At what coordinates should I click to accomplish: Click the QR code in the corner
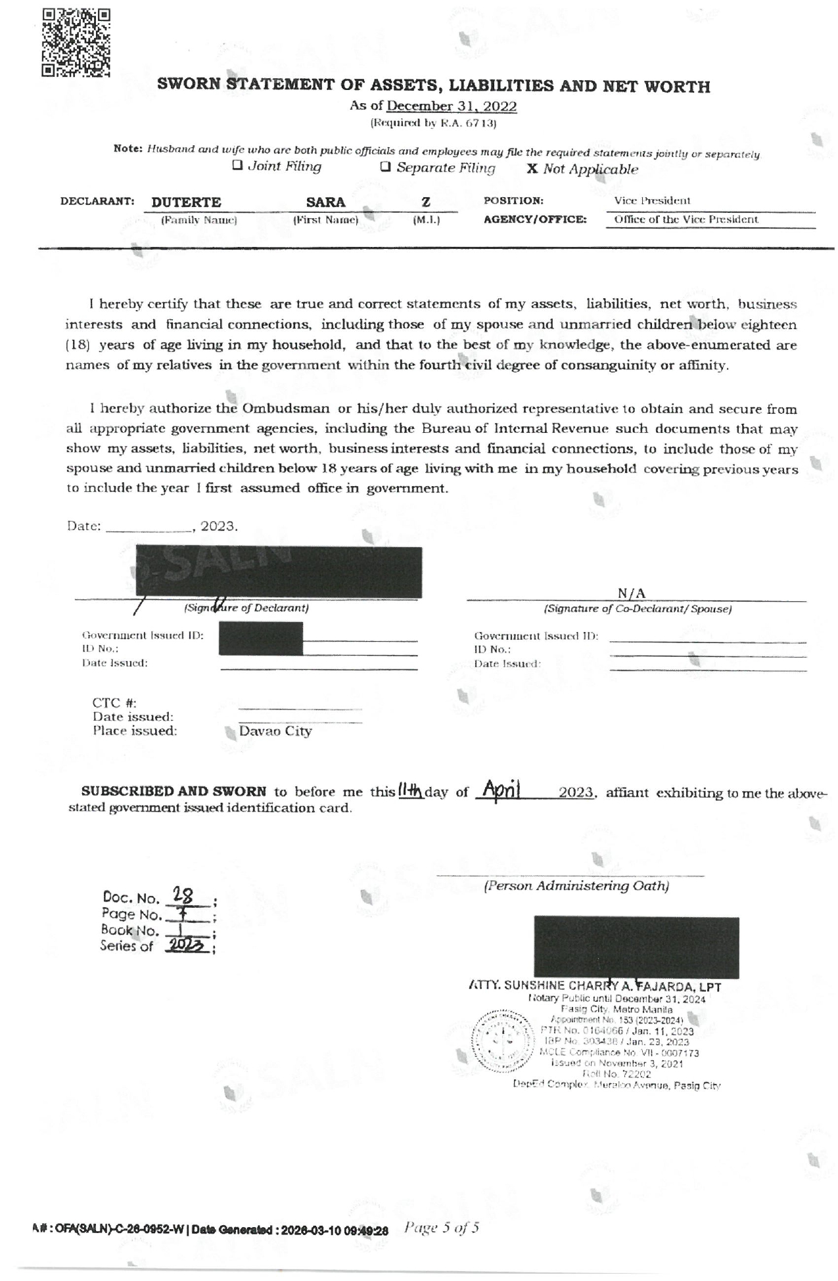[x=76, y=43]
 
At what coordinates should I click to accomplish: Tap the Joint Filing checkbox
[x=237, y=166]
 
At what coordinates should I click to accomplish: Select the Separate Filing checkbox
[x=386, y=166]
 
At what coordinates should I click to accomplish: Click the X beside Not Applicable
[x=532, y=169]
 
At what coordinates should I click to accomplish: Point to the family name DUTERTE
[x=186, y=202]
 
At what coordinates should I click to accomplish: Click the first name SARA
[x=325, y=202]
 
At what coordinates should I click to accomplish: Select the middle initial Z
[x=426, y=202]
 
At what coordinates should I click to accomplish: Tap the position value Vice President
[x=652, y=200]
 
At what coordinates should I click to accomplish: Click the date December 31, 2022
[x=452, y=106]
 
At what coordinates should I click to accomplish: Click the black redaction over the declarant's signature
[x=279, y=572]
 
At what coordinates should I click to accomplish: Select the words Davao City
[x=275, y=731]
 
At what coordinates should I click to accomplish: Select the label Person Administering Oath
[x=576, y=886]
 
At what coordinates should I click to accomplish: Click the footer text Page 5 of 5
[x=442, y=1227]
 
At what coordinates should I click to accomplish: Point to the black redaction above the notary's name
[x=636, y=947]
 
